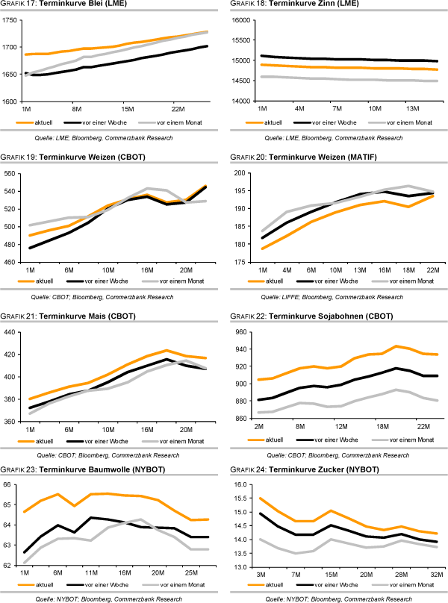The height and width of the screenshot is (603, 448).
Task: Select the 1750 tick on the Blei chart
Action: (x=11, y=20)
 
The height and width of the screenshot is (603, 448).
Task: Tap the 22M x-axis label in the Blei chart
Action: (x=178, y=108)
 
